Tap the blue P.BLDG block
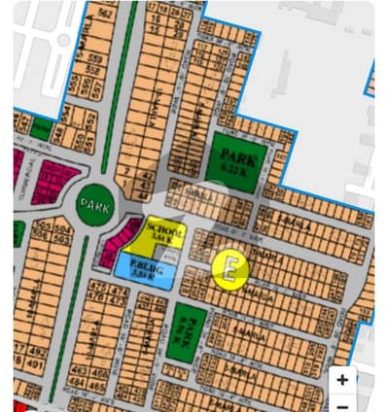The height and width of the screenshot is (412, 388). (145, 271)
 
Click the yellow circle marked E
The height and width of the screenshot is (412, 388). (230, 268)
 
